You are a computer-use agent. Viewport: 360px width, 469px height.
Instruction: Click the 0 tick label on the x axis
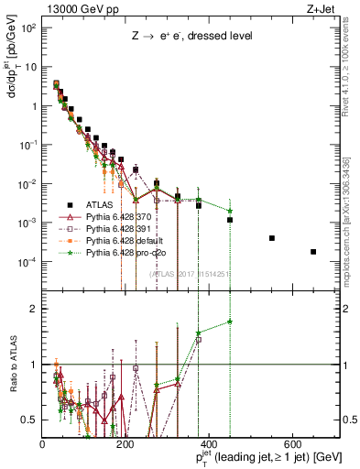pos(43,444)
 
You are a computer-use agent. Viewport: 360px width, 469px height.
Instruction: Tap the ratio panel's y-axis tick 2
pos(31,309)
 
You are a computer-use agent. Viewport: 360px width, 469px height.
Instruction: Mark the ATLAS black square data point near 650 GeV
pos(313,252)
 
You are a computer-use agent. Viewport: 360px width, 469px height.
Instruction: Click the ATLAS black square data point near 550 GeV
pos(272,238)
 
